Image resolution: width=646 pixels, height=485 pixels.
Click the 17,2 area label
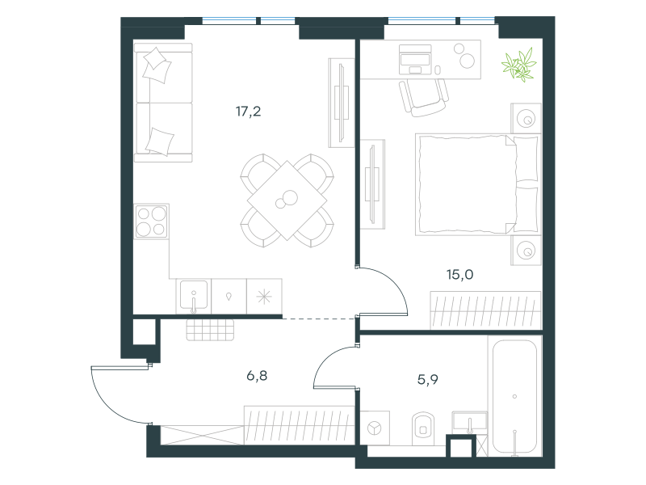[248, 112]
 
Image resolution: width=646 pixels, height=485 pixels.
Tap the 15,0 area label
[459, 274]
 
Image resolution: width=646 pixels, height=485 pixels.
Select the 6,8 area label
[257, 376]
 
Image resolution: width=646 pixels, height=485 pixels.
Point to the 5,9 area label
[428, 379]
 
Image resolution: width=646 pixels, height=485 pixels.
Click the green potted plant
[518, 65]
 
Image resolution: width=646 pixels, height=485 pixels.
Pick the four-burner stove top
[151, 221]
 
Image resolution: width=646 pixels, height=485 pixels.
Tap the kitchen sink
[194, 296]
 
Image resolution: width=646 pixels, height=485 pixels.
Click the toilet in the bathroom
[423, 429]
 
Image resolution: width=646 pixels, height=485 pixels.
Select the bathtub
[514, 396]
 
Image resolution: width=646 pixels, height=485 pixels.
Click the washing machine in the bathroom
[375, 428]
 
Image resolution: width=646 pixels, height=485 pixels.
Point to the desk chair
[423, 97]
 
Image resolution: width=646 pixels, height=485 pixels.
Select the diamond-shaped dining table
[287, 200]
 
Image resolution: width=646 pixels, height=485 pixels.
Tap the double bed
[478, 184]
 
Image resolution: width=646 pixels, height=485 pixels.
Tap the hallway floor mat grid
[210, 330]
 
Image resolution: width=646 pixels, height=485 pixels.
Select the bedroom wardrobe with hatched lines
[485, 310]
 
